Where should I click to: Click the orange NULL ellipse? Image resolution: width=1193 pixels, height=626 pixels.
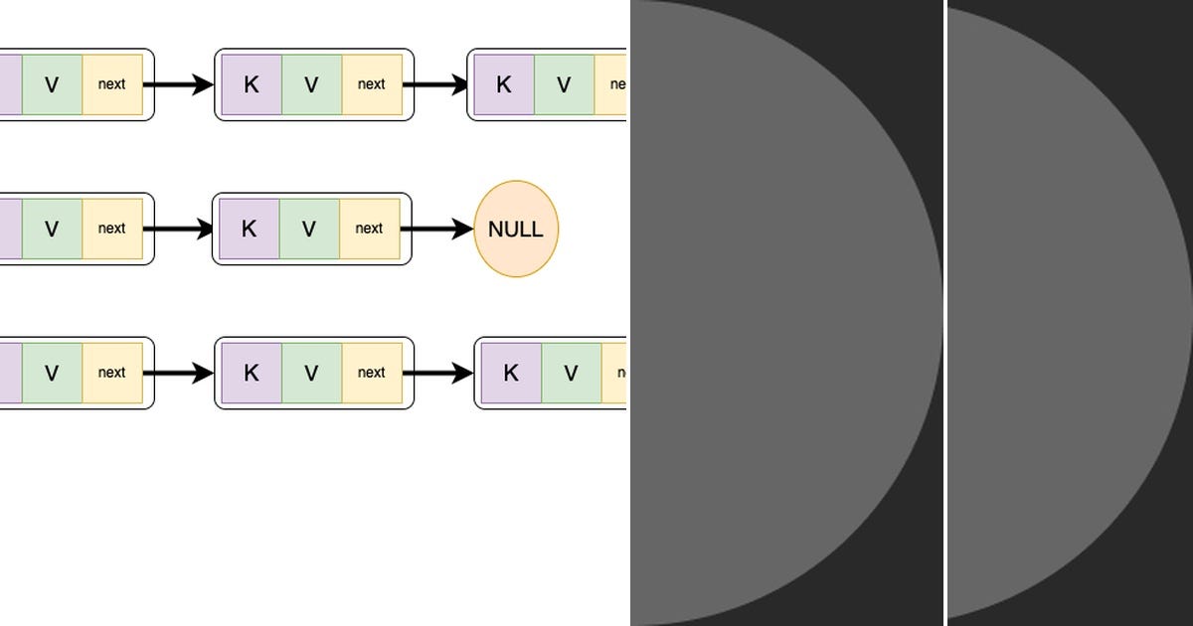[x=516, y=229]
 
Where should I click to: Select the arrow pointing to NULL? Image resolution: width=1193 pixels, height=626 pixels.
[x=437, y=229]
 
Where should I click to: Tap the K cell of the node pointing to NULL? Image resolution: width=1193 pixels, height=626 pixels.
[x=249, y=229]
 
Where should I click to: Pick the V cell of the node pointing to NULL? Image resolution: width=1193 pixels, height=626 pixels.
[x=309, y=229]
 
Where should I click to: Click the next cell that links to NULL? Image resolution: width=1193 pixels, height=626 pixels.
[x=369, y=229]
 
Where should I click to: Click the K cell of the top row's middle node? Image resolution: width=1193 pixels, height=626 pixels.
[x=252, y=84]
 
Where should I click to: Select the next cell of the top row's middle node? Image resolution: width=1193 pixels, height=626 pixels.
[x=372, y=84]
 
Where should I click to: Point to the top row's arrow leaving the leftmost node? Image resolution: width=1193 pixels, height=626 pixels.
[x=179, y=84]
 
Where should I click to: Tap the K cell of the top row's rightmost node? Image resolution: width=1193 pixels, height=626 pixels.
[x=504, y=84]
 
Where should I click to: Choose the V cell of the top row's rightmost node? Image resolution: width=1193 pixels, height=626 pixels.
[x=564, y=84]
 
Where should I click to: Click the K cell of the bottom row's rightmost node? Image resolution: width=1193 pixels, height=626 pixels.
[x=511, y=373]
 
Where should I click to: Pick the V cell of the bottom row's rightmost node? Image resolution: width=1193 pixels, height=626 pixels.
[x=571, y=373]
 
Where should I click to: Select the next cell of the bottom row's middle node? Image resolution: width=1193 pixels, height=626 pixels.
[x=372, y=373]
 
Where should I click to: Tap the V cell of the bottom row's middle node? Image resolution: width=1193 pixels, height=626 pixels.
[x=311, y=373]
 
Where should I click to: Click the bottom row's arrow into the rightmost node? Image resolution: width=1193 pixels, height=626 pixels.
[x=437, y=373]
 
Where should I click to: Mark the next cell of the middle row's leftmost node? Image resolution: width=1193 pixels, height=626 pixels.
[x=112, y=229]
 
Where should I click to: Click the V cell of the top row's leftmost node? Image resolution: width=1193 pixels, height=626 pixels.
[x=52, y=84]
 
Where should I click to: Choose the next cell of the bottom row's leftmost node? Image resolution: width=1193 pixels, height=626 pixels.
[x=112, y=373]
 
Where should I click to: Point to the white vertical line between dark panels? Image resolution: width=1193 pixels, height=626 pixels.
[x=945, y=313]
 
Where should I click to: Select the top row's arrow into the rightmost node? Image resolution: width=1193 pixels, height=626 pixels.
[x=434, y=84]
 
